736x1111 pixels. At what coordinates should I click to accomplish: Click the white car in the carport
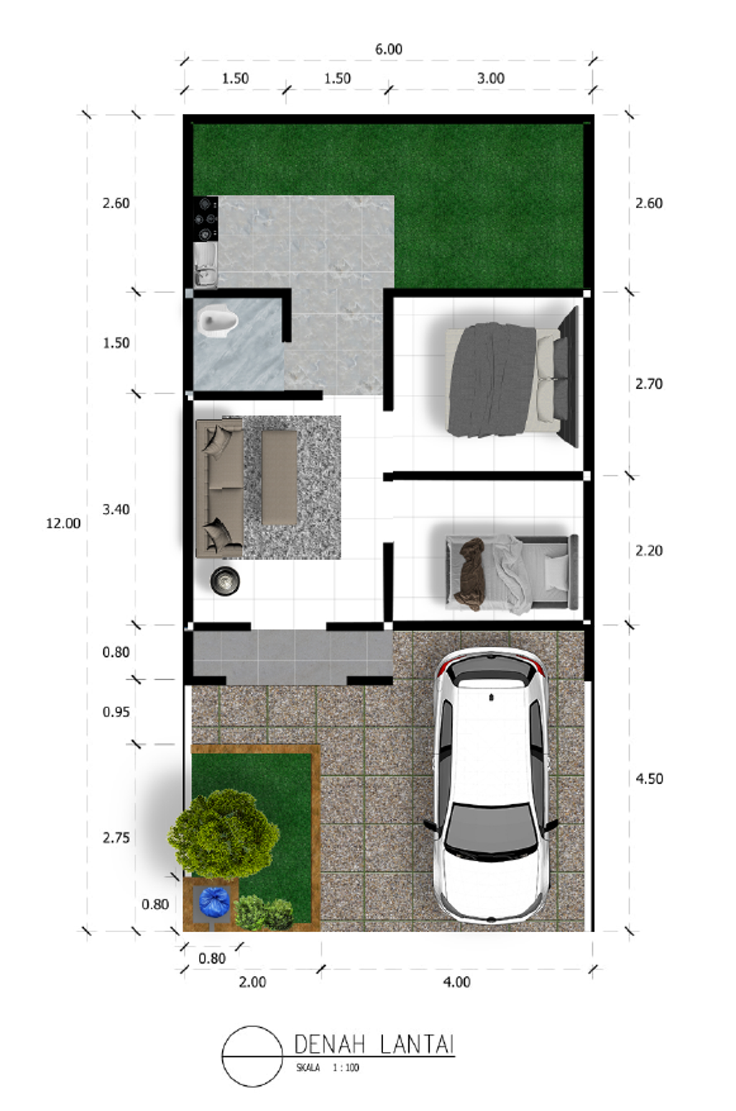tap(490, 786)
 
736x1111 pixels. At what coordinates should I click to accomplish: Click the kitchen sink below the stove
tap(205, 265)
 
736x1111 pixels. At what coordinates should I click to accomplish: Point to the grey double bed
tap(503, 380)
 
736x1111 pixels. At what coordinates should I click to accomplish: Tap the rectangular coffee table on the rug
tap(279, 477)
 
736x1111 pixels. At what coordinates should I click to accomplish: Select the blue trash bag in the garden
tap(213, 902)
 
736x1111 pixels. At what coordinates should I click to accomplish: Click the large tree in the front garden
tap(224, 835)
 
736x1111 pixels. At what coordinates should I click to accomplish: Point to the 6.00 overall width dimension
tap(388, 50)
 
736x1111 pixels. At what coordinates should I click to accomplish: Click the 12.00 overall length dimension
tap(63, 524)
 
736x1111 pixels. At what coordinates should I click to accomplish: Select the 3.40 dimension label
tap(116, 510)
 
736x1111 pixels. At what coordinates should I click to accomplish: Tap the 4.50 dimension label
tap(649, 778)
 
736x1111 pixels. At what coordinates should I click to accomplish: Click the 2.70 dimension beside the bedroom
tap(648, 384)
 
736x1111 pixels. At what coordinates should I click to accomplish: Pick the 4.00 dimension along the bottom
tap(456, 982)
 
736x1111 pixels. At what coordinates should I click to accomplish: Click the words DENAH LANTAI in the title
tap(374, 1044)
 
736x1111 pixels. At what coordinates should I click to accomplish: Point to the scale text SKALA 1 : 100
tap(327, 1068)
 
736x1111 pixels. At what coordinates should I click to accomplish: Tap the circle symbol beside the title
tap(252, 1056)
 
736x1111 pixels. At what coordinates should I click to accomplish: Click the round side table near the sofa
tap(225, 580)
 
